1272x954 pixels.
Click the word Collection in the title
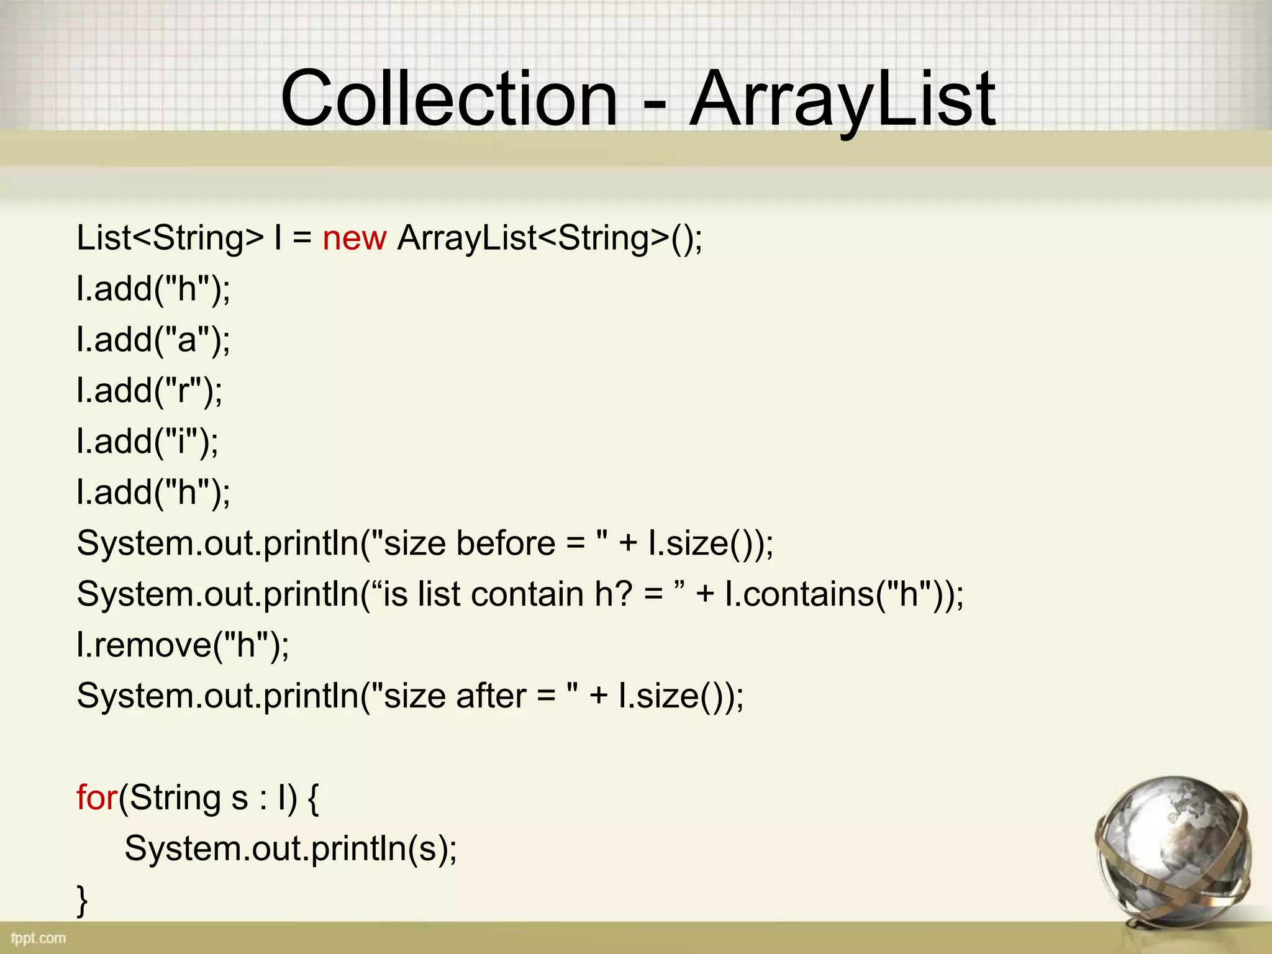(448, 99)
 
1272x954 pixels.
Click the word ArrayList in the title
(842, 99)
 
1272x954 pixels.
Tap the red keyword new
(354, 238)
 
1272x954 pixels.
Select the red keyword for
(96, 797)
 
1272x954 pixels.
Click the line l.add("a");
(153, 340)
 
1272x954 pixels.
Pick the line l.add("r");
(149, 391)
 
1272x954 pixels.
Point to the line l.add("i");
(147, 442)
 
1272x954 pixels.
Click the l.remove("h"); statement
(183, 645)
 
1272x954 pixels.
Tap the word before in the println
(506, 543)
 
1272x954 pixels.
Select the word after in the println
(491, 696)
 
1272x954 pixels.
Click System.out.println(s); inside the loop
(291, 849)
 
